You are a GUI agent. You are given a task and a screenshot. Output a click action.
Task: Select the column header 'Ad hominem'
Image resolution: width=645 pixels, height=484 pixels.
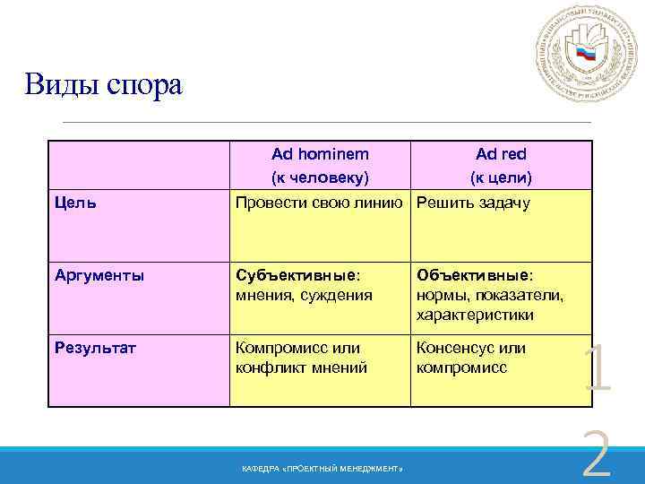320,154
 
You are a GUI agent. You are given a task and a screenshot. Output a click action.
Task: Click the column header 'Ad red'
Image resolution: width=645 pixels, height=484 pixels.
502,154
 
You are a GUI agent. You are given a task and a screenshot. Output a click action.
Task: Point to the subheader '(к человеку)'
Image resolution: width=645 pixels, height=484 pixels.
320,177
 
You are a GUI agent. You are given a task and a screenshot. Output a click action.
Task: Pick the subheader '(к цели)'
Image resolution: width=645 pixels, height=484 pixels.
502,177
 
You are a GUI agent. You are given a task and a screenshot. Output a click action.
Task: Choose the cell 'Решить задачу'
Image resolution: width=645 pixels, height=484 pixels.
474,203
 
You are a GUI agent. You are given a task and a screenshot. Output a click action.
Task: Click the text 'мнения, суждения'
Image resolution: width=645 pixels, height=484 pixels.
303,296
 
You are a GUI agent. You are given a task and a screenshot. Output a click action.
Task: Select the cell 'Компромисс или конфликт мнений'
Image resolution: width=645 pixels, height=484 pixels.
300,358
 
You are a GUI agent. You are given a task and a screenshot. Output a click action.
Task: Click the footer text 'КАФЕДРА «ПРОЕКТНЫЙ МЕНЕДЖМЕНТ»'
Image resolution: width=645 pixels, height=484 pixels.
322,469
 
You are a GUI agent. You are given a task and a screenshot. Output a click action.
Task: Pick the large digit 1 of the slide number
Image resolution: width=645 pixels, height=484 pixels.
596,370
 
